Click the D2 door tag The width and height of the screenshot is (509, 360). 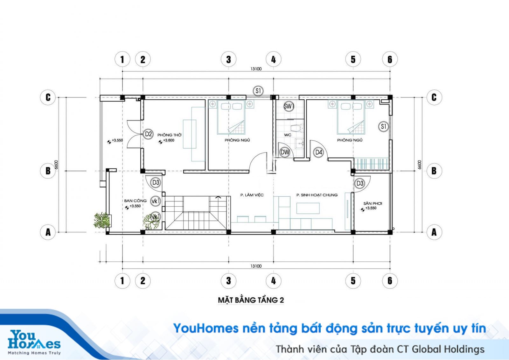click(x=148, y=134)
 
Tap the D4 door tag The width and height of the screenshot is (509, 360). click(x=318, y=152)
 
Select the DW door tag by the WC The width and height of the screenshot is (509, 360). click(x=285, y=152)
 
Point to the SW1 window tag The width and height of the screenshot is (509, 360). click(x=289, y=106)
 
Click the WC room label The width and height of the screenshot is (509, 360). click(x=288, y=135)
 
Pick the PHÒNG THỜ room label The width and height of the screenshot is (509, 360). click(x=169, y=135)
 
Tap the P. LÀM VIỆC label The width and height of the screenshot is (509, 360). click(x=252, y=195)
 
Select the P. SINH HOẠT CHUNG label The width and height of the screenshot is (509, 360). click(x=317, y=195)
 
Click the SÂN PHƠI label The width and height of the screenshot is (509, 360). click(x=373, y=203)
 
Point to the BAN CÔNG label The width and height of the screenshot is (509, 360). click(x=135, y=201)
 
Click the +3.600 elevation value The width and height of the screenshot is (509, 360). click(x=169, y=140)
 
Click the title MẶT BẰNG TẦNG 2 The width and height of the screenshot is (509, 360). click(x=251, y=300)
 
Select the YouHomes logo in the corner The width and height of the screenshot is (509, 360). click(x=34, y=340)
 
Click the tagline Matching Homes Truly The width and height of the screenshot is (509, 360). click(x=34, y=353)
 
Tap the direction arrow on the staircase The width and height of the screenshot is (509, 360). click(x=218, y=197)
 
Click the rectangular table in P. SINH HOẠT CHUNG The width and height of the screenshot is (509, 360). click(x=308, y=208)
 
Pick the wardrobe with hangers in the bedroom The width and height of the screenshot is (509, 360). click(x=371, y=164)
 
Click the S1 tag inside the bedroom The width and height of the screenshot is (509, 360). click(x=384, y=126)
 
